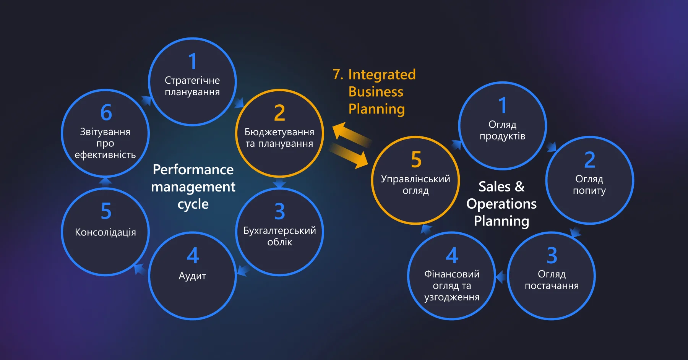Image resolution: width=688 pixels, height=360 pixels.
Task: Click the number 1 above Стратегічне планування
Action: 193,61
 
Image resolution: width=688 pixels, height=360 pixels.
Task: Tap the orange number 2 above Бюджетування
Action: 279,113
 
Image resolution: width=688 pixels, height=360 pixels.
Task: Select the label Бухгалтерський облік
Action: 279,236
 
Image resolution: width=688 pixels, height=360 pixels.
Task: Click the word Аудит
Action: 192,276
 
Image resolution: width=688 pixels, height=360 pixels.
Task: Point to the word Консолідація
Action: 105,232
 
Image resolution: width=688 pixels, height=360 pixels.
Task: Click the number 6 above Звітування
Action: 106,112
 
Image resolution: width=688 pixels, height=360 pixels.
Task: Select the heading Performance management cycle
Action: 193,187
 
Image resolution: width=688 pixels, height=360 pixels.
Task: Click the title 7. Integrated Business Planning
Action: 375,92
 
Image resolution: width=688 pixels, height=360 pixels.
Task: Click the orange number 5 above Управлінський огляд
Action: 416,159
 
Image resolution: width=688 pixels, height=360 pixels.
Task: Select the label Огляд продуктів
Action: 502,130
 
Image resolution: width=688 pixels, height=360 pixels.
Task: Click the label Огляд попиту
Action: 589,185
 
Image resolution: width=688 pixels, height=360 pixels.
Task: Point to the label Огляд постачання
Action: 552,280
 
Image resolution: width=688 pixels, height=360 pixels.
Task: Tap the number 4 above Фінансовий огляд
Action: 452,255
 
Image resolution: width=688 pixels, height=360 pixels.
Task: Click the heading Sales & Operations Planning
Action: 501,204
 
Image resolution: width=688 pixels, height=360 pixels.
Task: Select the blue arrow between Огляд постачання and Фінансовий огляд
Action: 501,276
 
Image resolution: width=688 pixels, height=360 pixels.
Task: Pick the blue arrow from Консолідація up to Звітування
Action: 105,182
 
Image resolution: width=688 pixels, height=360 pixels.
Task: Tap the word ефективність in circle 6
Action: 105,155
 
